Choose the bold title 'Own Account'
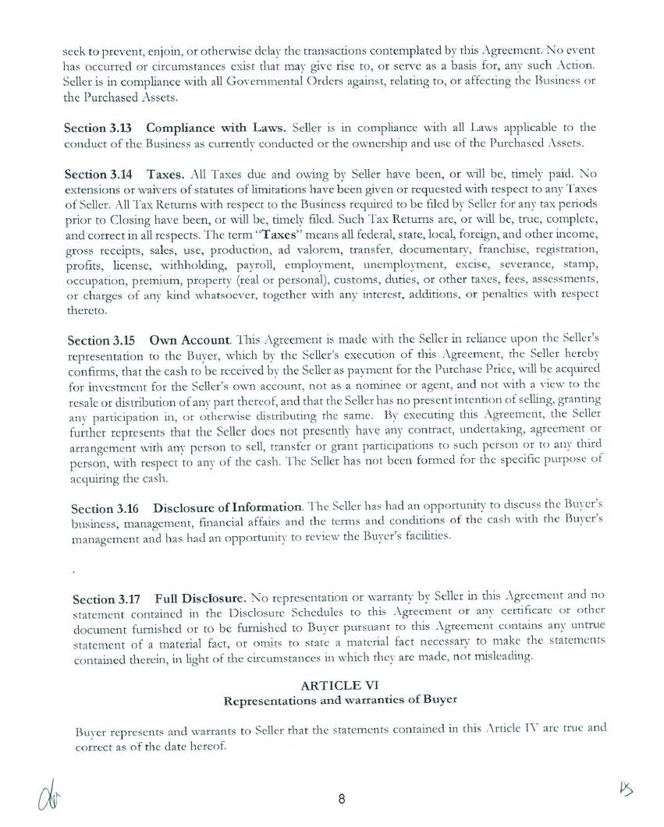point(189,340)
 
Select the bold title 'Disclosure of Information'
point(224,508)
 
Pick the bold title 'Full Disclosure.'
point(201,599)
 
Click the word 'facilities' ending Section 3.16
point(427,537)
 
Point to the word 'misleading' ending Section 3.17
point(501,656)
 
